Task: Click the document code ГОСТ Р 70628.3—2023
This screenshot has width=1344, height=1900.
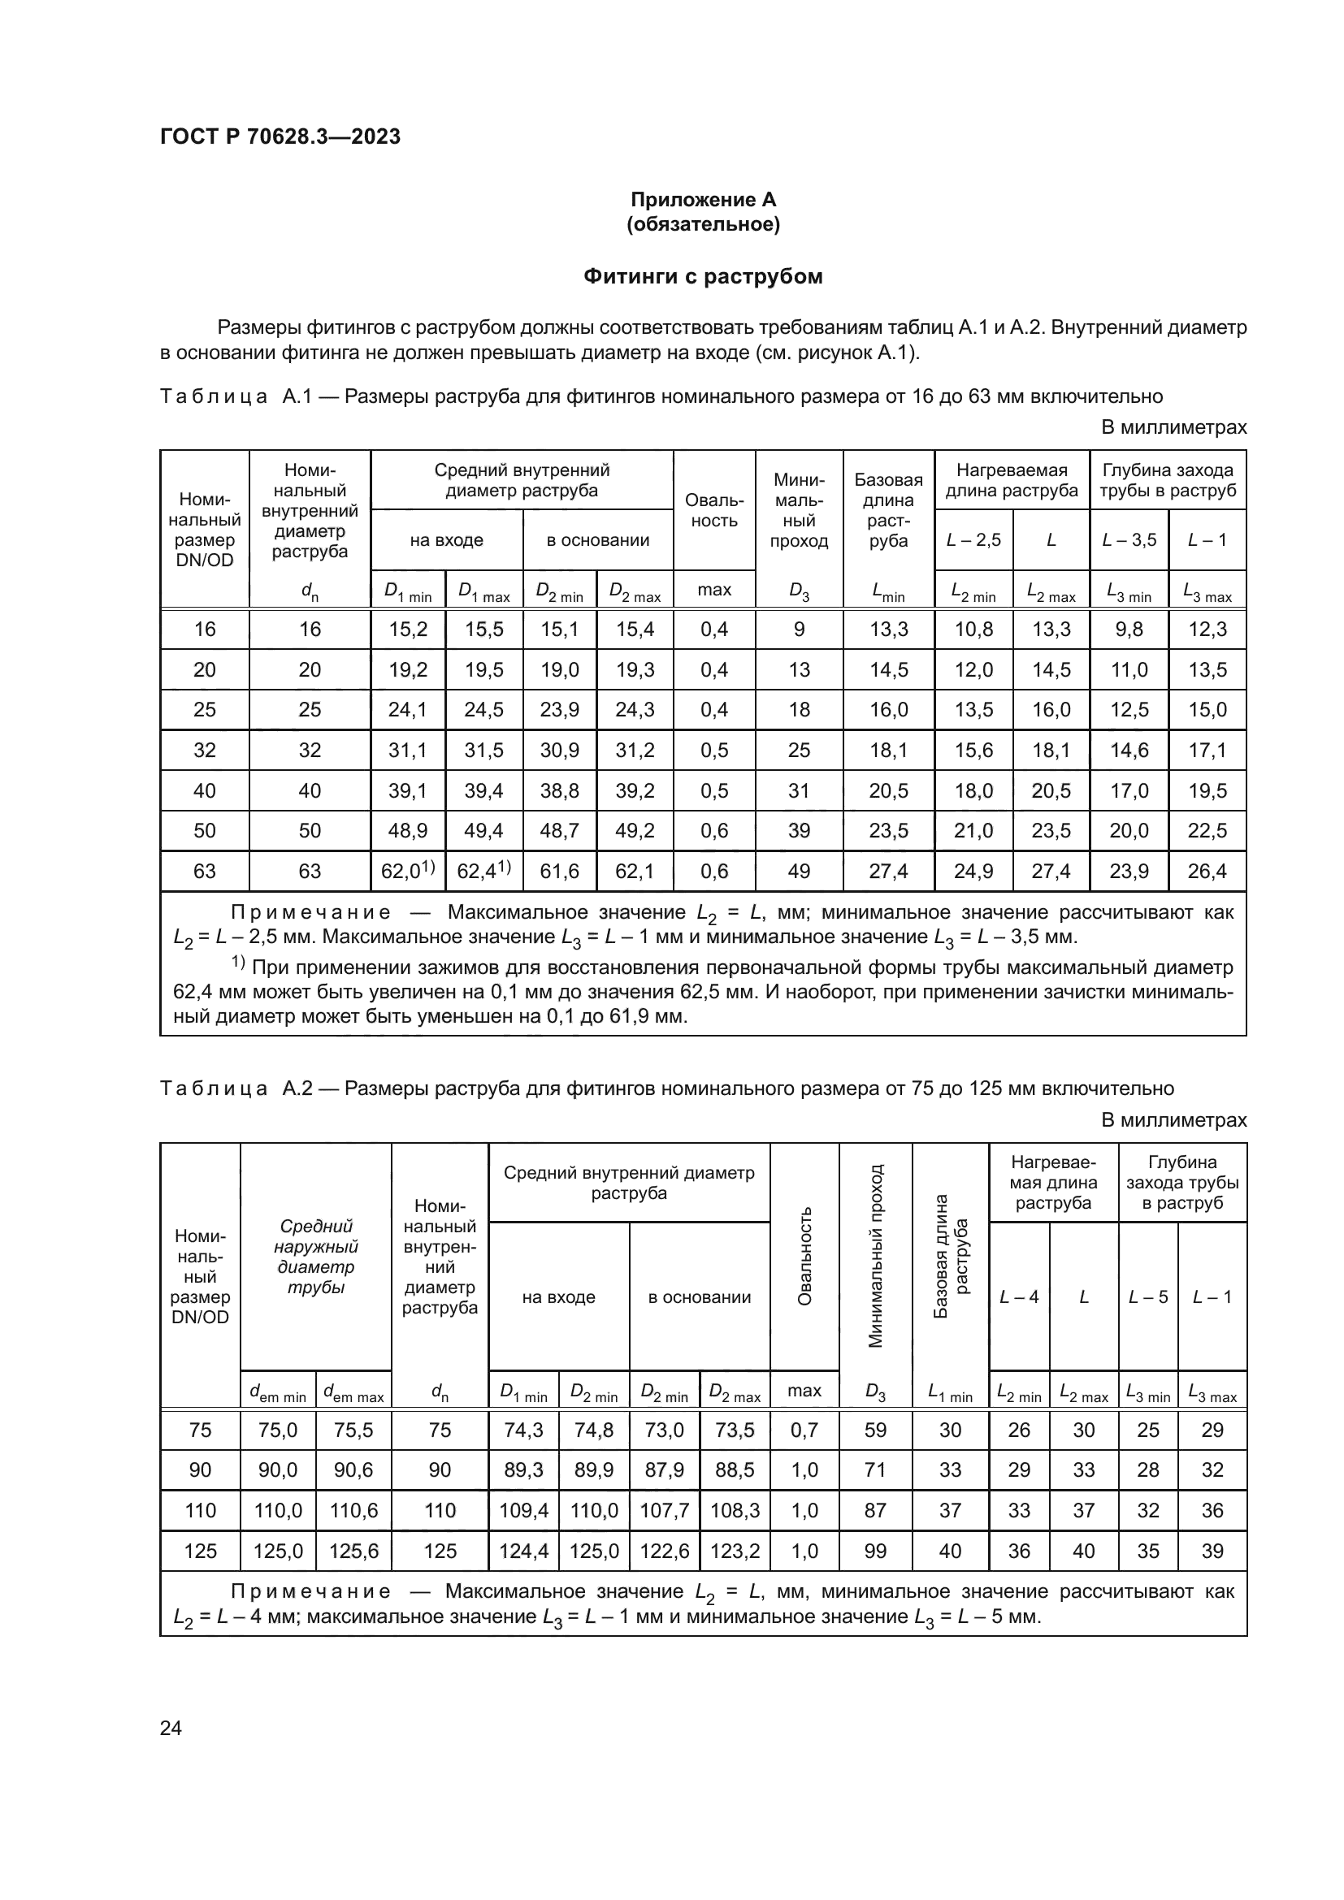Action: [x=280, y=136]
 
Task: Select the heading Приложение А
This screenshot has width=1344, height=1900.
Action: [x=703, y=200]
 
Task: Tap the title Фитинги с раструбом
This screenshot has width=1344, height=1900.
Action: [x=703, y=276]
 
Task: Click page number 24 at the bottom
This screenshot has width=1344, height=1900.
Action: [x=171, y=1727]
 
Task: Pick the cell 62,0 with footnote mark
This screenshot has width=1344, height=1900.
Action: [x=407, y=871]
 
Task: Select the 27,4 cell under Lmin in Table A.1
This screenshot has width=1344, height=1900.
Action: [x=888, y=871]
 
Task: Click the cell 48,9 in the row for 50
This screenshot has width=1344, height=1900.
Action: [x=407, y=830]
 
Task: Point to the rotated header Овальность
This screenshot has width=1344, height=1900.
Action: [x=804, y=1255]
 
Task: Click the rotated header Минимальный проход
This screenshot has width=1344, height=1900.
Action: [x=875, y=1255]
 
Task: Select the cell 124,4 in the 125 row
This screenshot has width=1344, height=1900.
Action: [x=523, y=1551]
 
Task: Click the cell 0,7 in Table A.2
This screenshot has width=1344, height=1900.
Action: [x=804, y=1430]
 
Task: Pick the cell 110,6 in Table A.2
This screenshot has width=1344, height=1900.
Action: [x=353, y=1510]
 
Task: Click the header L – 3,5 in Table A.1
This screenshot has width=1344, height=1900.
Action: [x=1128, y=540]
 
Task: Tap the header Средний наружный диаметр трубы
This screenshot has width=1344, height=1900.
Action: [x=315, y=1256]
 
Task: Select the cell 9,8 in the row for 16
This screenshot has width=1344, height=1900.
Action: [x=1128, y=629]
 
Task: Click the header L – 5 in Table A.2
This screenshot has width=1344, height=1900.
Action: [x=1147, y=1296]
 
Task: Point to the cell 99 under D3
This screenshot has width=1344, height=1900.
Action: [x=875, y=1551]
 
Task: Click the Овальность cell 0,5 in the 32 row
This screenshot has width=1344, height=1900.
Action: [x=713, y=750]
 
